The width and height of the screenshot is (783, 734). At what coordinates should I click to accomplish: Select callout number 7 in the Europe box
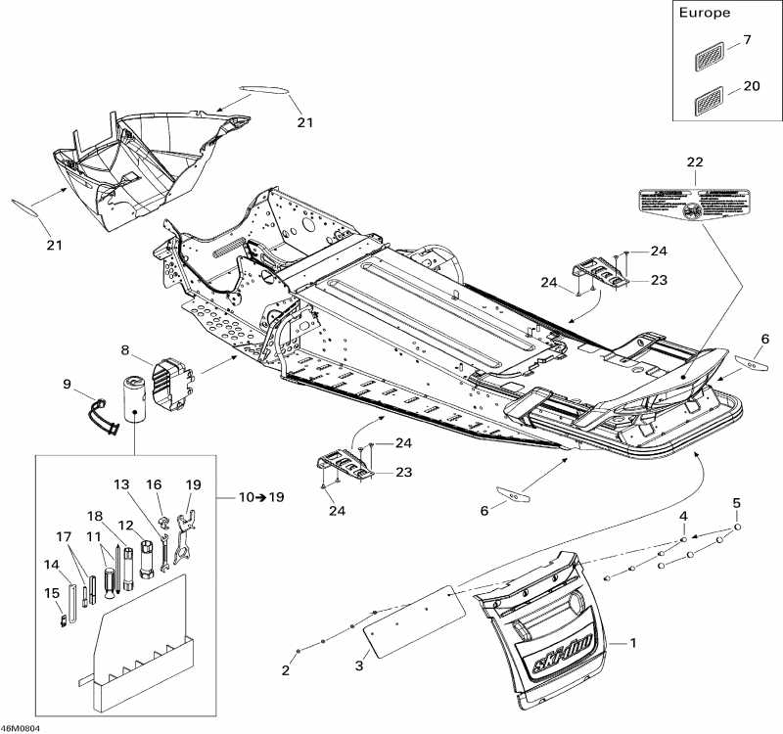coord(747,40)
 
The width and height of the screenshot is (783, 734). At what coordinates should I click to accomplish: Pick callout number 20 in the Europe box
coord(751,86)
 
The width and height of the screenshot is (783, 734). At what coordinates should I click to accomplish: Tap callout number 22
coord(695,161)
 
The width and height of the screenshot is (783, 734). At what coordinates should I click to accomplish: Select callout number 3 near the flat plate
coord(358,666)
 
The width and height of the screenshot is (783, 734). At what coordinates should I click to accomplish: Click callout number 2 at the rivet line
coord(286,671)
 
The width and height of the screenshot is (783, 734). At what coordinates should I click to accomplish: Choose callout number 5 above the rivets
coord(737,504)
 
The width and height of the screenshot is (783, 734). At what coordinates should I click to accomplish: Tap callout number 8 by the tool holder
coord(126,349)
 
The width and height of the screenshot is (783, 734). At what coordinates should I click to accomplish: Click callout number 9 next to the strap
coord(68,385)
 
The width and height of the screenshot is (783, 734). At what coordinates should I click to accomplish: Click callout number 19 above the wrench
coord(193,484)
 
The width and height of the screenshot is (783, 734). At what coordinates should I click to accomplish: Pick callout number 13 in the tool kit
coord(120,484)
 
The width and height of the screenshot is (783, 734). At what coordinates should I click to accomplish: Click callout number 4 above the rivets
coord(684,516)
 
